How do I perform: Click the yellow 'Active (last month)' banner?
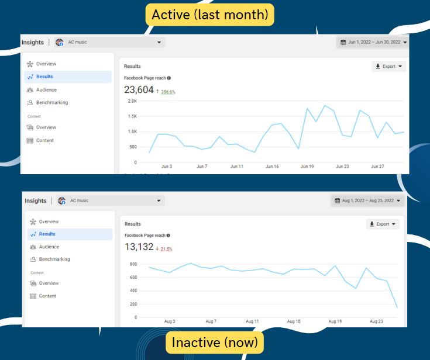pos(209,15)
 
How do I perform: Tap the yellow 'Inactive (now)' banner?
pos(214,342)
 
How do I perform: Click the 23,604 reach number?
pos(139,90)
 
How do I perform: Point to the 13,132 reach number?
pos(139,247)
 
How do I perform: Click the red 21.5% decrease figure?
pos(166,249)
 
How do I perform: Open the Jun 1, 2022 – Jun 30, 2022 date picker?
pos(371,42)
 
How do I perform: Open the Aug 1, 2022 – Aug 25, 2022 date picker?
pos(368,200)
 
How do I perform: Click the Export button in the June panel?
pos(388,67)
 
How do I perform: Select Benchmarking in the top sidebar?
pos(51,103)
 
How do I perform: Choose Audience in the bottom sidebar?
pos(49,247)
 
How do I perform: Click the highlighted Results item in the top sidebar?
pos(44,77)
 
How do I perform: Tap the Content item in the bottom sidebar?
pos(47,296)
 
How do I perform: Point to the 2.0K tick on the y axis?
pos(132,101)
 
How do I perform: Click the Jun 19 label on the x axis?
pos(308,167)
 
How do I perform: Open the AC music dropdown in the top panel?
pos(111,42)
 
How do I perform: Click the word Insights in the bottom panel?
pos(35,200)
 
